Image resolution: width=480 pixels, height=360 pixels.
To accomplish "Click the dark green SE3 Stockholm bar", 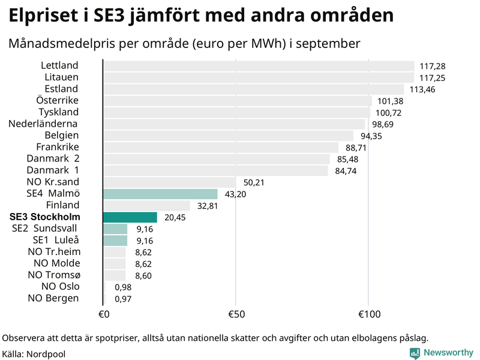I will click(x=130, y=217).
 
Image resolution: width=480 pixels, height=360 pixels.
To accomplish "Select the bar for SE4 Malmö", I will click(x=160, y=194).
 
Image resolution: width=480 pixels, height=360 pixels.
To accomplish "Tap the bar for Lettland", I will click(x=259, y=66).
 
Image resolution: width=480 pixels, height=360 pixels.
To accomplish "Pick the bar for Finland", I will click(x=146, y=206).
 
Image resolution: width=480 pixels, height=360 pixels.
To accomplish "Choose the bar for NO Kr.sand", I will click(x=169, y=182).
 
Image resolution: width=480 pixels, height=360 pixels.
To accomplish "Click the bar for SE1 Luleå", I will click(x=115, y=241).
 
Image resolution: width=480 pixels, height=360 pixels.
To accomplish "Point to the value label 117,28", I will click(x=433, y=66).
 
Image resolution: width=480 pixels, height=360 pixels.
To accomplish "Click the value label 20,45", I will click(x=175, y=217).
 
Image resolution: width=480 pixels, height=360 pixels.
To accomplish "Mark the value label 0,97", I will click(x=122, y=298).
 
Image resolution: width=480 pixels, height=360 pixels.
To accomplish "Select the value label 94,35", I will click(x=371, y=136).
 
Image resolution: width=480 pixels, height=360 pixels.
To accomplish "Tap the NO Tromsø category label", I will click(x=54, y=275).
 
